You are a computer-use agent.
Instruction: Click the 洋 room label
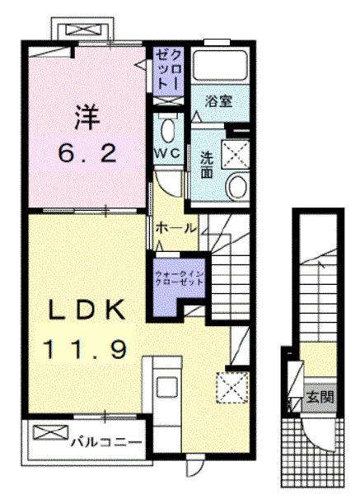tap(82, 117)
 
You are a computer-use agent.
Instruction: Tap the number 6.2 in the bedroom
tap(82, 153)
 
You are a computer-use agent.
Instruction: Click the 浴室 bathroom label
tap(217, 104)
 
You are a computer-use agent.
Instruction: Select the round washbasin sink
tap(239, 185)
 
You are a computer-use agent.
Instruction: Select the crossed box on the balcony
tap(46, 431)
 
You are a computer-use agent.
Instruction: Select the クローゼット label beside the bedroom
tap(163, 70)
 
